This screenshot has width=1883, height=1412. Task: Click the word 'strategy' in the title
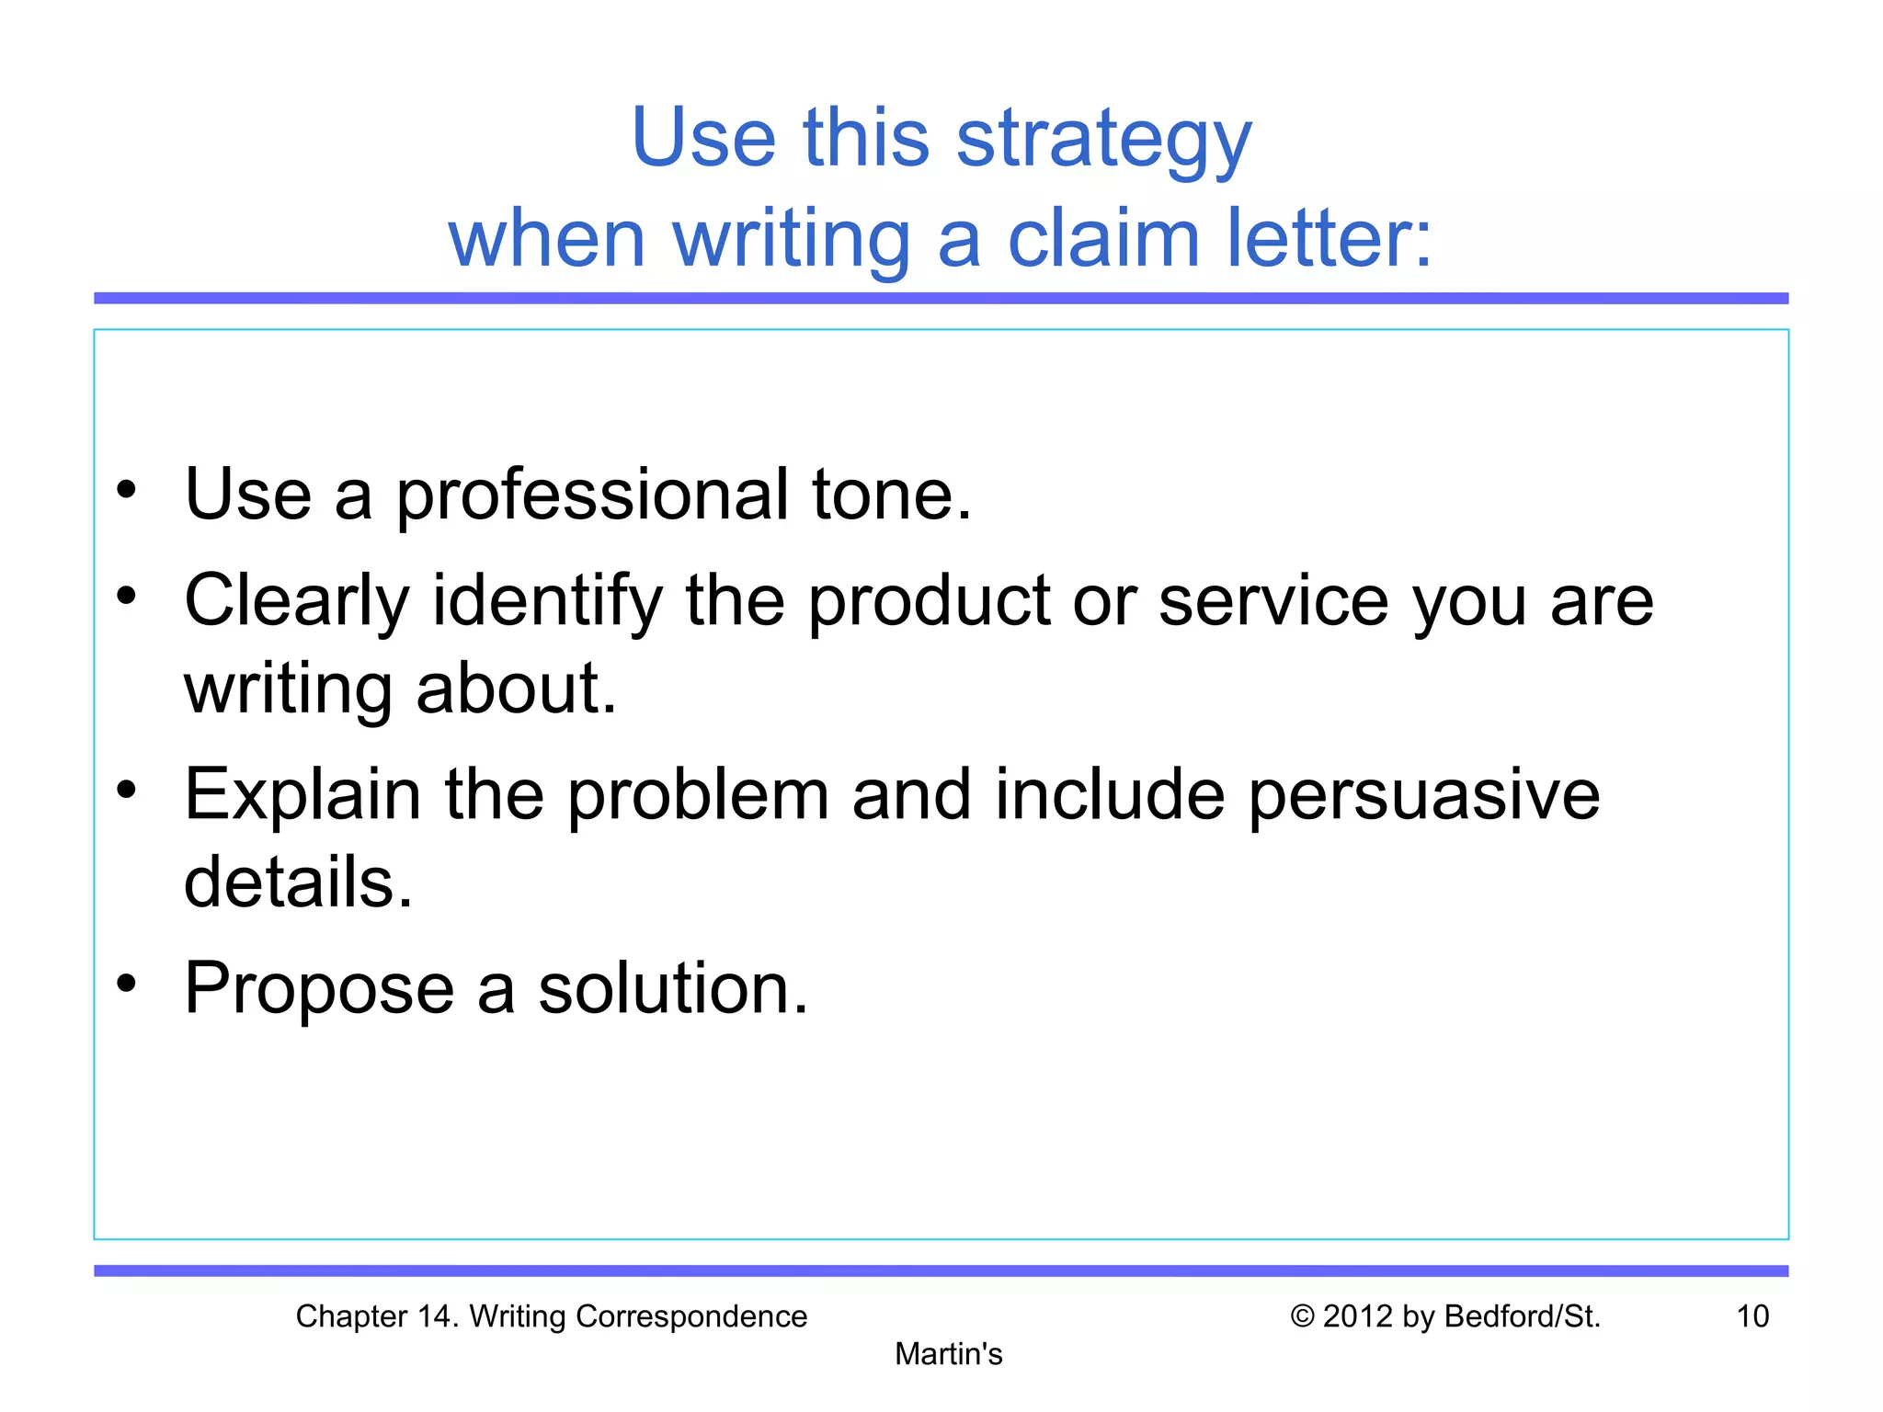[x=1103, y=140]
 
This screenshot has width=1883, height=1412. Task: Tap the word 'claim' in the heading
[x=1103, y=239]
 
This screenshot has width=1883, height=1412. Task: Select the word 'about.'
[x=516, y=689]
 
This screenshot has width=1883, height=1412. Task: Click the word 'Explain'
[x=302, y=795]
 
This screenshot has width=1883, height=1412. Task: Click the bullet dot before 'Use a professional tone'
[x=127, y=489]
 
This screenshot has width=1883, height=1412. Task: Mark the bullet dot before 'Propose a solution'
[x=127, y=983]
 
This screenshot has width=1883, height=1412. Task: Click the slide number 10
[x=1752, y=1316]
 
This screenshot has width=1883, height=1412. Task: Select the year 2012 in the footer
[x=1359, y=1316]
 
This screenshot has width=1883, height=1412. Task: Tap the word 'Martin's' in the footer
[x=949, y=1354]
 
